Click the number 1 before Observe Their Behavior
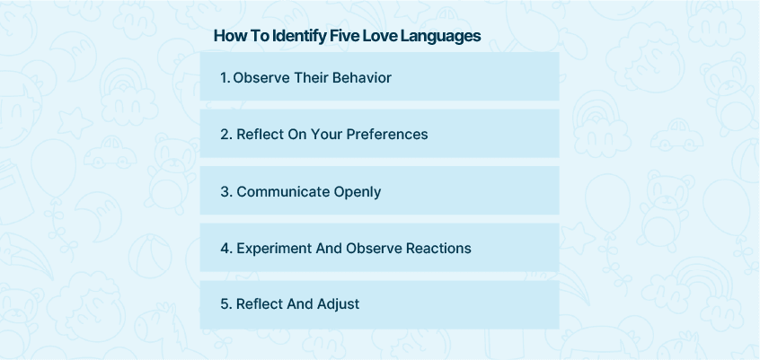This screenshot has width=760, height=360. click(225, 77)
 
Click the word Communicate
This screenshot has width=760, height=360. click(283, 191)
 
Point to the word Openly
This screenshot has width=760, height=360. click(358, 192)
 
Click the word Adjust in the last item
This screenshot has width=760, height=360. click(338, 304)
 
